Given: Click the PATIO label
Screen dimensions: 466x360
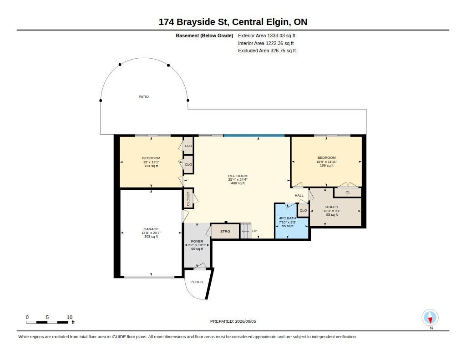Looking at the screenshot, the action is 143,96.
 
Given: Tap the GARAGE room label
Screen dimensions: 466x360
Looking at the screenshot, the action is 151,229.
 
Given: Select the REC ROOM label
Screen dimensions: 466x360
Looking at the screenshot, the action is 238,176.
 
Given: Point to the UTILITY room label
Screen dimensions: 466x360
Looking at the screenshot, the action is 332,207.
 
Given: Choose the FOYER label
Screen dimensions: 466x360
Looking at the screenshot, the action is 197,241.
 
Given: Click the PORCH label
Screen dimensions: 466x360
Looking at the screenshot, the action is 197,282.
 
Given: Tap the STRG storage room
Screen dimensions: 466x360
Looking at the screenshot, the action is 225,231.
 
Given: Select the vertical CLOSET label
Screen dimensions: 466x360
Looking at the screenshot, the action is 188,198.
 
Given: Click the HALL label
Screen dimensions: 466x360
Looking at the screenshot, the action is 299,195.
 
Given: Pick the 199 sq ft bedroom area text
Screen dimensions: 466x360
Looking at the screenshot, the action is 327,165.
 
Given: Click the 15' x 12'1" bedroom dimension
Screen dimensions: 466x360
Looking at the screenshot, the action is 151,162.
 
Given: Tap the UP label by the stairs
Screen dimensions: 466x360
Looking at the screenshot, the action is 254,231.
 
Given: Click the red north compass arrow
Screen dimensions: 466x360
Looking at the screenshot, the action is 430,320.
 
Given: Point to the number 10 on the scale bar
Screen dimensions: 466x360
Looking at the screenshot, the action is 70,317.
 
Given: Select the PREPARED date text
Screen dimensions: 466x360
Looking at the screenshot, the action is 233,321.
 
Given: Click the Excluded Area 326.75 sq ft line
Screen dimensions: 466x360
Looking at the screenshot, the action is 267,51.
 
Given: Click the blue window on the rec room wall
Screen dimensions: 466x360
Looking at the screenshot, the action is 254,136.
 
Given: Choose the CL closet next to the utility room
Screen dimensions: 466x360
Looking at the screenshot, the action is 348,193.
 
